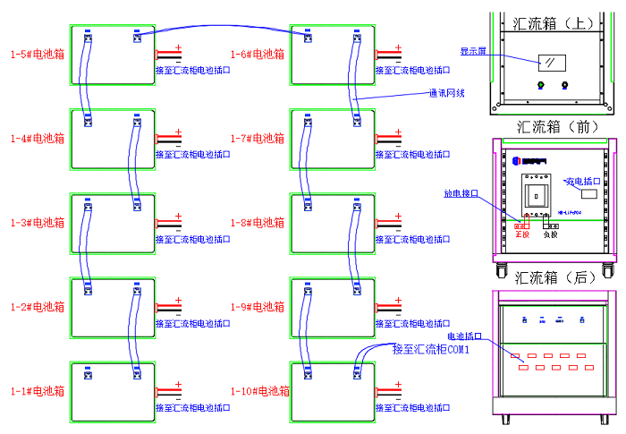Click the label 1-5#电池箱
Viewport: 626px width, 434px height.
(x=37, y=55)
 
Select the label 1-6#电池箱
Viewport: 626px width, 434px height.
(x=258, y=55)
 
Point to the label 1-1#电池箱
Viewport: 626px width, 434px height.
(x=37, y=391)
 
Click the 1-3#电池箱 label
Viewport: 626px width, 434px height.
(x=37, y=223)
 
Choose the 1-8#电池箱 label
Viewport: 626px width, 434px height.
(x=258, y=223)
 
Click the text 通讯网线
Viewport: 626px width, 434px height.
(x=446, y=92)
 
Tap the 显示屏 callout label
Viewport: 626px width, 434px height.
(x=473, y=51)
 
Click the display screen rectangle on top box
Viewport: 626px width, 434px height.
(x=550, y=63)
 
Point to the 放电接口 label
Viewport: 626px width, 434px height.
(x=461, y=192)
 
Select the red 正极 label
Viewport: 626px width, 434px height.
(x=522, y=234)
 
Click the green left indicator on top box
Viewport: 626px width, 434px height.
(x=540, y=87)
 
